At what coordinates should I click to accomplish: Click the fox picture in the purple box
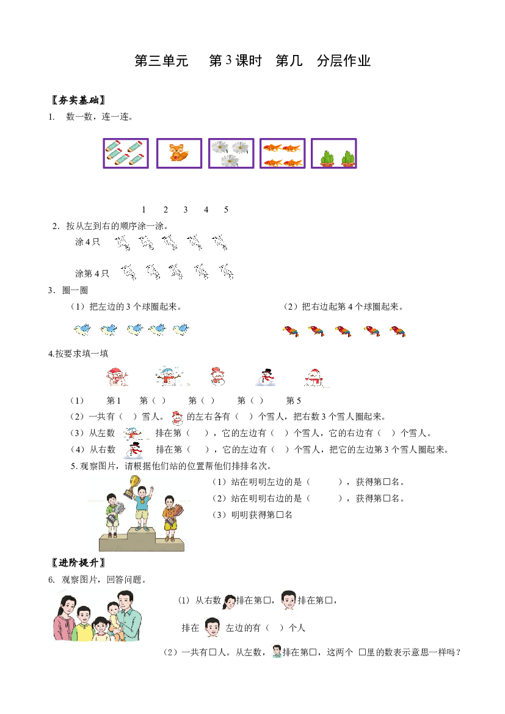point(179,153)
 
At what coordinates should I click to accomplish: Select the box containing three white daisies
point(231,153)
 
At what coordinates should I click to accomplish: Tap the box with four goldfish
point(282,153)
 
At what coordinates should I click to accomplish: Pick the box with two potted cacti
point(334,153)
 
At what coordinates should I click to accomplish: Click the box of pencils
point(126,153)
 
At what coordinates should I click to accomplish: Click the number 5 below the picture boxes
point(226,209)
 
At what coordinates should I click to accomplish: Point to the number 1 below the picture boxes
point(144,209)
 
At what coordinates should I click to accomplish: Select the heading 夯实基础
point(79,100)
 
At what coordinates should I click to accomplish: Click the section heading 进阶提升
point(79,563)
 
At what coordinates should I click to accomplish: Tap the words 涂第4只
point(92,273)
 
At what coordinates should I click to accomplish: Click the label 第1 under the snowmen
point(114,401)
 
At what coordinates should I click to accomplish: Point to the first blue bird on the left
point(82,329)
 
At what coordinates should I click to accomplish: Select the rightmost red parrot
point(398,331)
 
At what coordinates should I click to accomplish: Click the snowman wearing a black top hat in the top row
point(266,377)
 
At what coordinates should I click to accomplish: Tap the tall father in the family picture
point(128,616)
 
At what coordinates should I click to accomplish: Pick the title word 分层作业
point(344,60)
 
